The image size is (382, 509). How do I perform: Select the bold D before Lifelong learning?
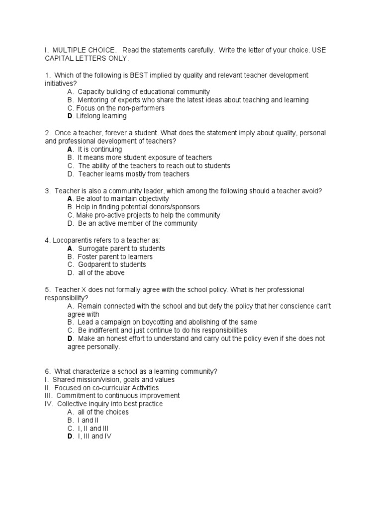pyautogui.click(x=70, y=116)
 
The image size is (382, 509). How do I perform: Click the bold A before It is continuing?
pyautogui.click(x=70, y=149)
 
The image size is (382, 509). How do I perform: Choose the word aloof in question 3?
pyautogui.click(x=96, y=199)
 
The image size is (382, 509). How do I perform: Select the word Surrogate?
pyautogui.click(x=95, y=249)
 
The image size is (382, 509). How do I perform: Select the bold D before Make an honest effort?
pyautogui.click(x=70, y=339)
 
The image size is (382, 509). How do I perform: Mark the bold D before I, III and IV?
pyautogui.click(x=70, y=436)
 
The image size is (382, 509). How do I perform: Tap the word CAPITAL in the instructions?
pyautogui.click(x=59, y=59)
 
